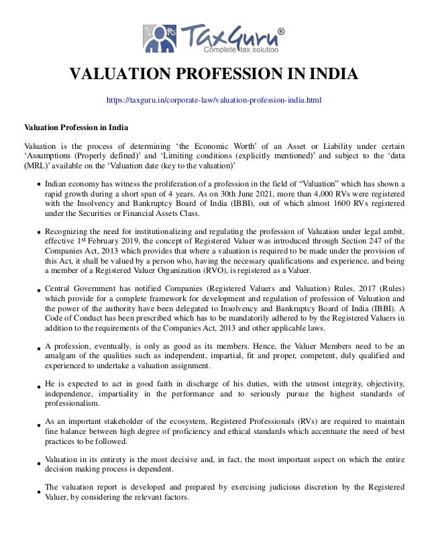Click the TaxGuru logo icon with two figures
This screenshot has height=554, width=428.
(159, 38)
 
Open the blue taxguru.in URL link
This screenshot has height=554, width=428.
(214, 101)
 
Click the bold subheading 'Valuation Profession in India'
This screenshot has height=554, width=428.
(76, 127)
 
